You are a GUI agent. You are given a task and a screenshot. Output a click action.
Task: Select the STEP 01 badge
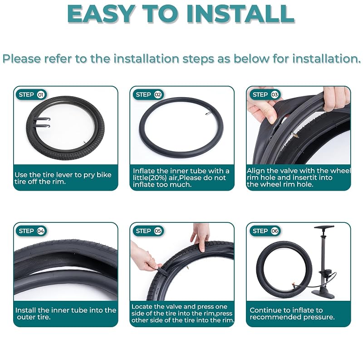(x=31, y=95)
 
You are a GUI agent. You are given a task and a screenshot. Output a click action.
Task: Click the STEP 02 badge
(x=148, y=95)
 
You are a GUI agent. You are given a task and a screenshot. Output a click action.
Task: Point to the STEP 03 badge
(x=265, y=95)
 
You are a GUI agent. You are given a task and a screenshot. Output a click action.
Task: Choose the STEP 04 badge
(x=31, y=231)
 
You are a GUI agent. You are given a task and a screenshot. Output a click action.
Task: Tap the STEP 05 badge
(x=148, y=231)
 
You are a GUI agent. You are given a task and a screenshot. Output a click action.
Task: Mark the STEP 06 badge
(x=265, y=231)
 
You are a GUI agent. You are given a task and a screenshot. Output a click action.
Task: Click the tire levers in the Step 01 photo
(x=42, y=122)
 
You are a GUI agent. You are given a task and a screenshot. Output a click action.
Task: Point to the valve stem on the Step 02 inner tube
(x=207, y=113)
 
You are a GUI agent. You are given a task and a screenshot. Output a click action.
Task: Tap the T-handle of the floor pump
(x=324, y=227)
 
